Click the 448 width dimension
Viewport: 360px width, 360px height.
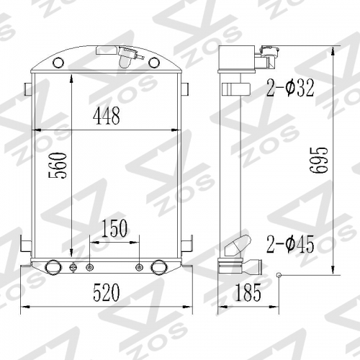(107, 116)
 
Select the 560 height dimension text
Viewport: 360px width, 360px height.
(58, 166)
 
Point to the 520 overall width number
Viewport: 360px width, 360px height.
(107, 292)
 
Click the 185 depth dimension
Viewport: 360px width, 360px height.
(248, 292)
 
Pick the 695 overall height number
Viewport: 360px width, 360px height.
(318, 160)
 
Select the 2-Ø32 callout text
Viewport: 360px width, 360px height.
(290, 88)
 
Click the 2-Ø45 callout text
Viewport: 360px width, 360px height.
(290, 244)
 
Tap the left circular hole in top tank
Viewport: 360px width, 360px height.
(58, 63)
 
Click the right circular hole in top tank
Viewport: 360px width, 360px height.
(154, 63)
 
